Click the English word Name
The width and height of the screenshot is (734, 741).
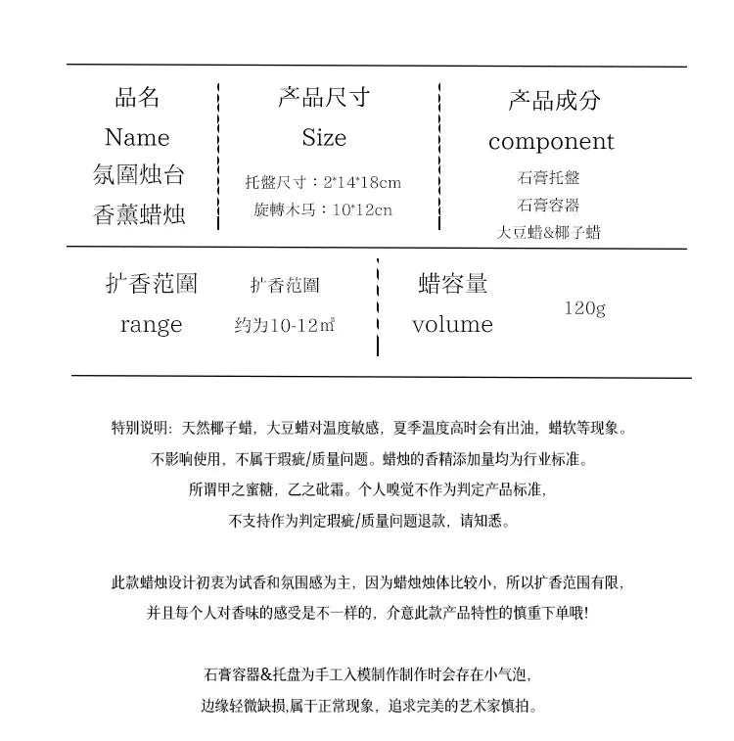(x=137, y=137)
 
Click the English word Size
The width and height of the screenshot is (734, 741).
(x=324, y=137)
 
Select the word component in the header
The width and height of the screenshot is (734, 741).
(x=551, y=141)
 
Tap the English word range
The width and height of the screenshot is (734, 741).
(x=151, y=325)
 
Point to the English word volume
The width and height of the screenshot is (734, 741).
(x=452, y=325)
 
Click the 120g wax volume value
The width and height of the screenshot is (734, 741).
(x=585, y=308)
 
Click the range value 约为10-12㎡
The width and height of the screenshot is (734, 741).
(x=285, y=325)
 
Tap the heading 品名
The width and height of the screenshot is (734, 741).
(x=137, y=97)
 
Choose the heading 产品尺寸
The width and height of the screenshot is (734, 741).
(x=324, y=97)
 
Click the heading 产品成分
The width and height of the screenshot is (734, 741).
(x=554, y=100)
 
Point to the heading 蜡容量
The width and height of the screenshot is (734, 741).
(x=452, y=284)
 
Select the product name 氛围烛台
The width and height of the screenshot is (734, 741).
(x=139, y=175)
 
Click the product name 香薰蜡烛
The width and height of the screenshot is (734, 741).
(x=139, y=214)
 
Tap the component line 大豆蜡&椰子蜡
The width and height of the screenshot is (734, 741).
(x=548, y=233)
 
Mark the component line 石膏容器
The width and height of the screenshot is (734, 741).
(x=548, y=206)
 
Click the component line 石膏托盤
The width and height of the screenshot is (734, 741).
(x=548, y=178)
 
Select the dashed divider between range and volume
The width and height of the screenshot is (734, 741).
(x=378, y=307)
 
